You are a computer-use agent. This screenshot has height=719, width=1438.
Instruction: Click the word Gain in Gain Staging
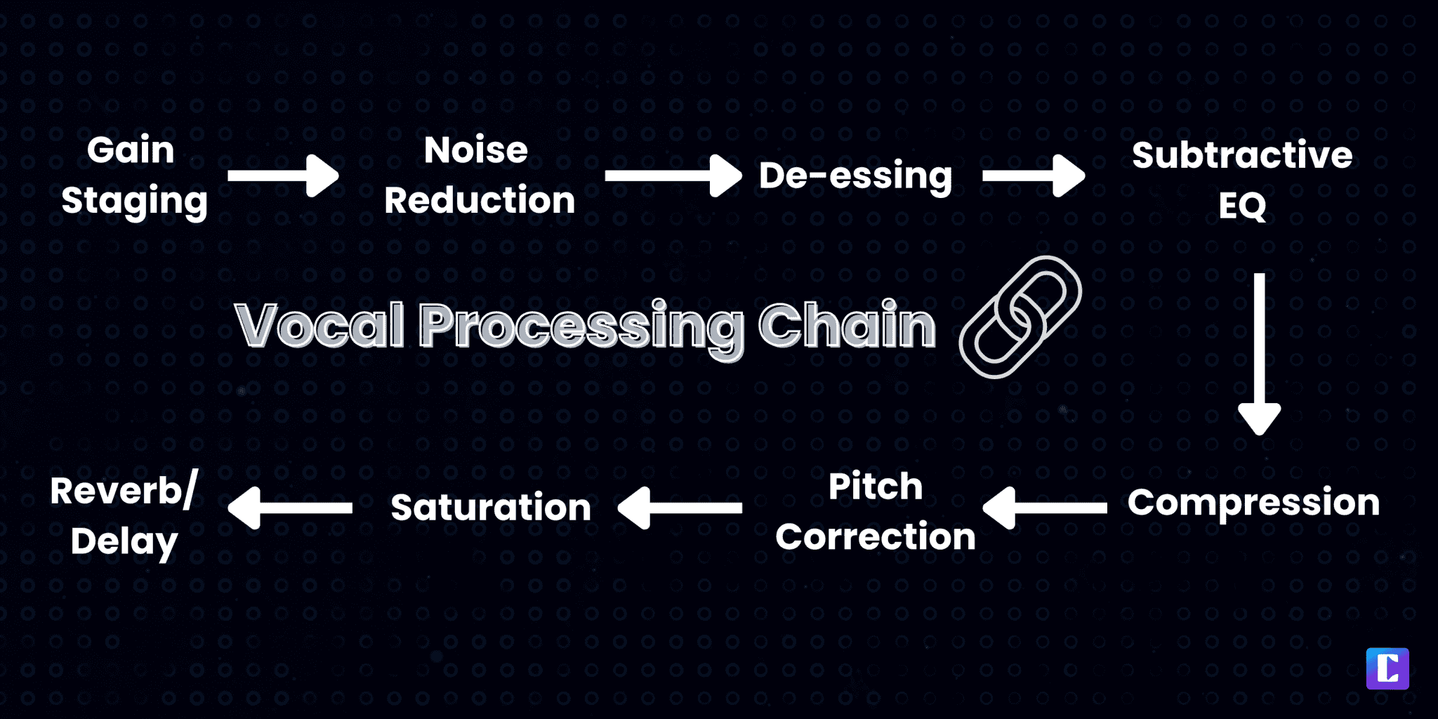(x=131, y=150)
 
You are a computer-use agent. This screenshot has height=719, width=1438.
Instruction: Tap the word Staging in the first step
(x=134, y=201)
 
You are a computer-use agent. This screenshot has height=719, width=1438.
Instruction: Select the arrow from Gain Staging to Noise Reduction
(x=283, y=175)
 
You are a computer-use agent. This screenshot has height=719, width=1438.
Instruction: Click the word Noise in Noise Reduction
(x=476, y=150)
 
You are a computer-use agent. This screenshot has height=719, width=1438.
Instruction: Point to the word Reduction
(x=480, y=200)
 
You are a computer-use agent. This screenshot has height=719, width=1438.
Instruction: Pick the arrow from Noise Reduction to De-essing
(x=673, y=175)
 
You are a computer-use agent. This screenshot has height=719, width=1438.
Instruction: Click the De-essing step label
(x=855, y=175)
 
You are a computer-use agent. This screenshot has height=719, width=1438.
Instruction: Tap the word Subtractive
(x=1241, y=154)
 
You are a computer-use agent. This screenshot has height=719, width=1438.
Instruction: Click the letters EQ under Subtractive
(x=1241, y=206)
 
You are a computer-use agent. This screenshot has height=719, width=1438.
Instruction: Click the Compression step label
(x=1253, y=502)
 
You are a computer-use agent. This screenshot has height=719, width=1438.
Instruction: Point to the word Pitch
(x=875, y=486)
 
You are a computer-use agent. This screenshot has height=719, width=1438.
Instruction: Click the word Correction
(x=875, y=537)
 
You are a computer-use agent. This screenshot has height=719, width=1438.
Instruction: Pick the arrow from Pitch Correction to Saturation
(x=680, y=507)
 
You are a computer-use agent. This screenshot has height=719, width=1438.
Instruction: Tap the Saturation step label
(x=491, y=507)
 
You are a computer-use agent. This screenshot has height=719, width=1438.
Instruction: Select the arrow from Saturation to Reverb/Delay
(x=290, y=507)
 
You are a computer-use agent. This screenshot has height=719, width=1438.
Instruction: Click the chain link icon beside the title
(x=1020, y=317)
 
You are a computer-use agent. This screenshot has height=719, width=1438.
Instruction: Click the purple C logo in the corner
(x=1387, y=668)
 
